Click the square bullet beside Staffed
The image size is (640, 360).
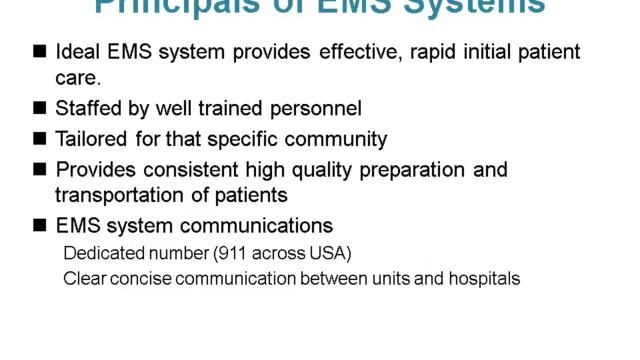click(40, 108)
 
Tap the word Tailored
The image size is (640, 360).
click(92, 139)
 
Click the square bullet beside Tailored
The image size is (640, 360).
click(40, 139)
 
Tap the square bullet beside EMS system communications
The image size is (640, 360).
click(40, 226)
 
